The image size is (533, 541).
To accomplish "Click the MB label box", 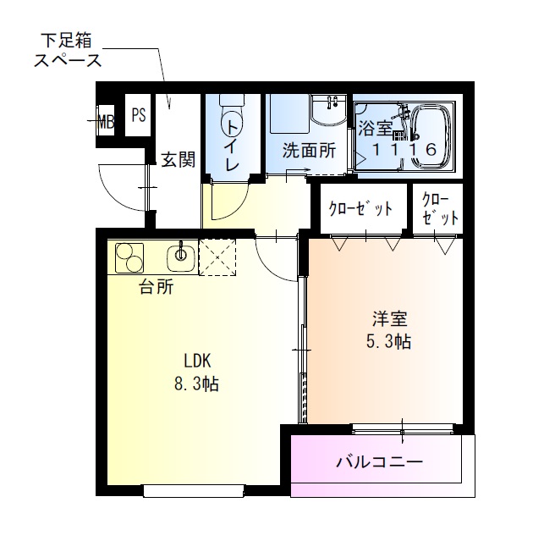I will tap(106, 119).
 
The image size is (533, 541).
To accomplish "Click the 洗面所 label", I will tap(309, 151).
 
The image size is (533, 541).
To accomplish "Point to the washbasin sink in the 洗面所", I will tap(327, 111).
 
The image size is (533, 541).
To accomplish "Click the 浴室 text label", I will tap(375, 129).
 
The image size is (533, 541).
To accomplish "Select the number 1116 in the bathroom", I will tap(405, 150).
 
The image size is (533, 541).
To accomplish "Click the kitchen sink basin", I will tap(181, 254).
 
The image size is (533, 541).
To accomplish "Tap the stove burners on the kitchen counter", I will tap(129, 256).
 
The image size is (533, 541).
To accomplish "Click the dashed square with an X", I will tap(220, 257).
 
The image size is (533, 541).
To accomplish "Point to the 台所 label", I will tap(157, 287).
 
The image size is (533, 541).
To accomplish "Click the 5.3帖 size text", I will tap(390, 342).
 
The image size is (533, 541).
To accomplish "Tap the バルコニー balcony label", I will tap(379, 462).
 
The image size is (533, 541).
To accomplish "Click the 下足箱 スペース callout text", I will tap(67, 50).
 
